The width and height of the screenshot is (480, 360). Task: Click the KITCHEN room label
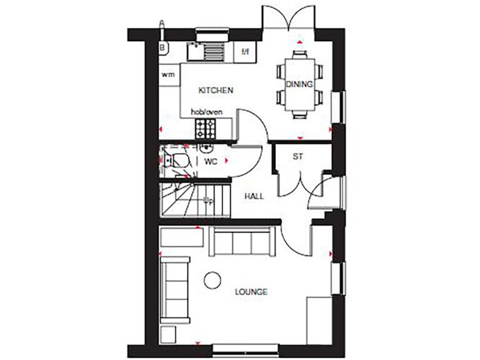point(216,91)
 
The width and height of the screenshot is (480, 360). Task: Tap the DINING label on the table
point(299,84)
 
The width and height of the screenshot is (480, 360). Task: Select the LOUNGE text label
point(251,292)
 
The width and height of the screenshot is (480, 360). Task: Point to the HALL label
point(254,196)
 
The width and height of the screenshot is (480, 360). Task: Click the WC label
point(211,161)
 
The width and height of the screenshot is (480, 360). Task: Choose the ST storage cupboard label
point(297,156)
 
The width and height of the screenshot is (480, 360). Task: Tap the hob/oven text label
point(207,112)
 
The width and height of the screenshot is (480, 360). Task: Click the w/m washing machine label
point(168,75)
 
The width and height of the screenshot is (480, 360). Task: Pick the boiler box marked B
point(162,47)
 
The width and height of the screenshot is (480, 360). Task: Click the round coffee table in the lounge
point(213,280)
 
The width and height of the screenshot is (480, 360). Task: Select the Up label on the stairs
point(209,200)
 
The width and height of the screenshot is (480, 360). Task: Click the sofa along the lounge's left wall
point(174,289)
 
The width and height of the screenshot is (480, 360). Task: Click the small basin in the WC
point(206,147)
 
